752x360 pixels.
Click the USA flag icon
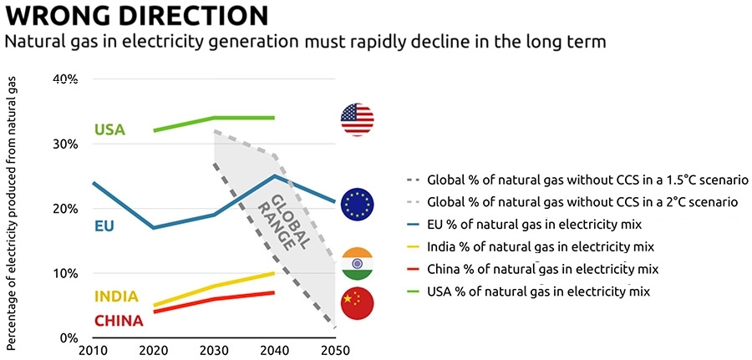(x=357, y=119)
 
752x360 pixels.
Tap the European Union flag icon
(x=358, y=205)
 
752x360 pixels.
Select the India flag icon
(x=357, y=264)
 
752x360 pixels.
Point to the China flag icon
(x=357, y=303)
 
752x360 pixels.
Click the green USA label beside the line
(x=109, y=129)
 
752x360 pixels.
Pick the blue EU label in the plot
(x=104, y=226)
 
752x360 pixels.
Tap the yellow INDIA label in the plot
(x=116, y=297)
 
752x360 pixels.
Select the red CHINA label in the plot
(x=119, y=321)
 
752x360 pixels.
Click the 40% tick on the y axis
(x=65, y=79)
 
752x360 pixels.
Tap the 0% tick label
(x=69, y=338)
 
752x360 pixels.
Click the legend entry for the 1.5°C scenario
(x=576, y=180)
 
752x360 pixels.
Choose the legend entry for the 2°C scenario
(x=570, y=202)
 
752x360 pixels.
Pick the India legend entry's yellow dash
(x=412, y=248)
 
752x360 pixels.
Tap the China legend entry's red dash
(x=412, y=270)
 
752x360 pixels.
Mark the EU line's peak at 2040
(x=274, y=175)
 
